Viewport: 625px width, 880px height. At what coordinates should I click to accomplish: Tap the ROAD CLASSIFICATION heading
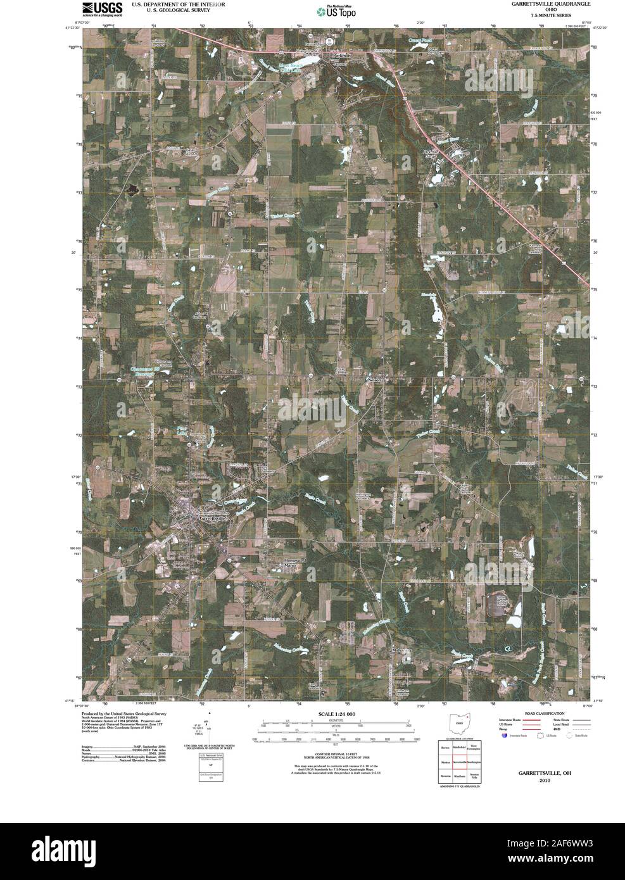[532, 713]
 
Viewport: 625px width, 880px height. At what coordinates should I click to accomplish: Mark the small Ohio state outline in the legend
[457, 723]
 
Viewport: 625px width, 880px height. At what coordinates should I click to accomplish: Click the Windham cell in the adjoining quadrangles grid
[460, 776]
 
